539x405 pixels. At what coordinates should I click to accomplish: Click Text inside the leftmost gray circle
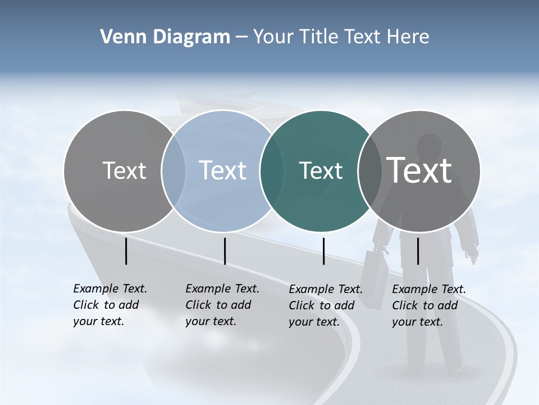[124, 170]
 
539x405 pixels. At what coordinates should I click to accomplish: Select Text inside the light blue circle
[223, 170]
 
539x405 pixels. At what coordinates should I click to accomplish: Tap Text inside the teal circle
[321, 170]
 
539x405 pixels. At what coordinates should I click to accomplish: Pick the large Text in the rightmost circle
[419, 170]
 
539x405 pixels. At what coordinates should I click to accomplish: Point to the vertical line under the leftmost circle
[126, 251]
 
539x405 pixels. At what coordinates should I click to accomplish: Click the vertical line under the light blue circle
[225, 251]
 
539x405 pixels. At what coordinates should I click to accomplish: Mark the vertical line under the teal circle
[324, 251]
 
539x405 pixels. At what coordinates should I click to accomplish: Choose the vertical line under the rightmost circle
[418, 251]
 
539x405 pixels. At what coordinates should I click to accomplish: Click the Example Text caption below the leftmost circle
[109, 305]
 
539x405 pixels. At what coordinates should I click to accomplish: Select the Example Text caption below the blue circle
[222, 305]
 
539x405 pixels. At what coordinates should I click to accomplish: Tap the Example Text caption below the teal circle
[325, 305]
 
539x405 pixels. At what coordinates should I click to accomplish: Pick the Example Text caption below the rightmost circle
[428, 305]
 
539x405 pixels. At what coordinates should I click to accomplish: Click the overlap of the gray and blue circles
[173, 170]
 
